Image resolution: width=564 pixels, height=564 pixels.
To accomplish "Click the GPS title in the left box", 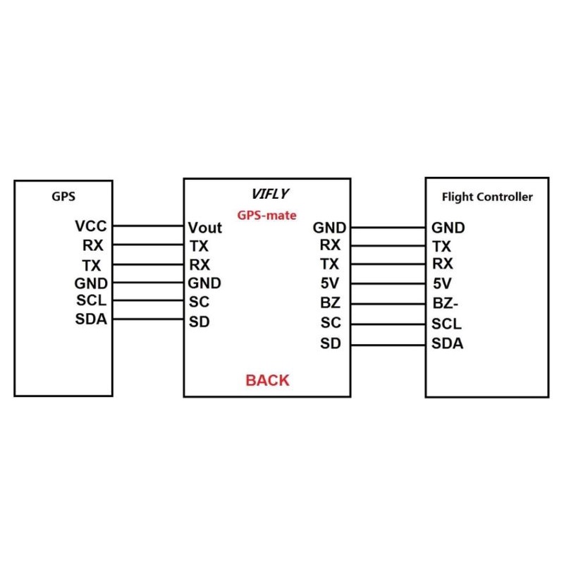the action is pyautogui.click(x=63, y=197).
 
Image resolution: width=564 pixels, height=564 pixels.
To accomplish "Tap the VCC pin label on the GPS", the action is pyautogui.click(x=91, y=226).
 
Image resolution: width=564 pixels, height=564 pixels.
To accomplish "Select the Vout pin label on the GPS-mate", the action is pyautogui.click(x=205, y=228).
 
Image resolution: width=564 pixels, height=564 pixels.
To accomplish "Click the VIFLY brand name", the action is pyautogui.click(x=270, y=194).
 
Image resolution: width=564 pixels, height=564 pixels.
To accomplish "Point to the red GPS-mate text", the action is pyautogui.click(x=267, y=215).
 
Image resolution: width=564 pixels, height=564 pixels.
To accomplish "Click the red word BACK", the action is pyautogui.click(x=267, y=380).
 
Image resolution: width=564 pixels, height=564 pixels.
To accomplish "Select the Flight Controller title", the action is pyautogui.click(x=487, y=197).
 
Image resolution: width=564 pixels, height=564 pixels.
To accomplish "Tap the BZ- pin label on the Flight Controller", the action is pyautogui.click(x=446, y=304).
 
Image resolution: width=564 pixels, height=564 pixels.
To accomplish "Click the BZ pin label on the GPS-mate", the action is pyautogui.click(x=330, y=303).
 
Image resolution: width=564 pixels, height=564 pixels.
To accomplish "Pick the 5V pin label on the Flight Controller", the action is pyautogui.click(x=442, y=283).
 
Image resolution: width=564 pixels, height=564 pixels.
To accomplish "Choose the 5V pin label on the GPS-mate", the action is pyautogui.click(x=330, y=283).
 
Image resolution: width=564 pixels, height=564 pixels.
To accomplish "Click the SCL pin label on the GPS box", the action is pyautogui.click(x=92, y=300).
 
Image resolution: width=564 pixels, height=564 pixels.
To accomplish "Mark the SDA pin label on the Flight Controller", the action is pyautogui.click(x=448, y=343).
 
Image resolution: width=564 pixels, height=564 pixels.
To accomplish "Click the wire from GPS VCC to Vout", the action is pyautogui.click(x=148, y=226).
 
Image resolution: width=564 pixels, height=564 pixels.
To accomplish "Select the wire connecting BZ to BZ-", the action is pyautogui.click(x=388, y=305).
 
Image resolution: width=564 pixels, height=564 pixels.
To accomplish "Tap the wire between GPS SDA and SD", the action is pyautogui.click(x=148, y=319).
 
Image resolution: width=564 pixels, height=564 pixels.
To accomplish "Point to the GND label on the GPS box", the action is pyautogui.click(x=91, y=283).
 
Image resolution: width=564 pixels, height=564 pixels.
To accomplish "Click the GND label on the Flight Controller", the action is pyautogui.click(x=448, y=228).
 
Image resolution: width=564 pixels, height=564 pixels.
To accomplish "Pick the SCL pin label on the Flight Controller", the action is pyautogui.click(x=446, y=324).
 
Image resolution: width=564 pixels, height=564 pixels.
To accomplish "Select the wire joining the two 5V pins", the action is pyautogui.click(x=388, y=284).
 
